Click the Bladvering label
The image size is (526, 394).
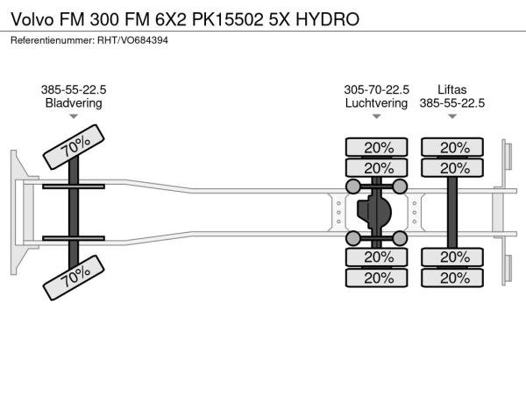74,102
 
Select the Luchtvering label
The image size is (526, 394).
376,102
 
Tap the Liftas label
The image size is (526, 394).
452,88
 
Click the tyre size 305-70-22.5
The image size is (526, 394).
376,88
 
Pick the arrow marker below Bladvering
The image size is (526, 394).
74,116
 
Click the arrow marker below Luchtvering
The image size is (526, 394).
376,116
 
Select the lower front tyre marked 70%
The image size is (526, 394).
75,278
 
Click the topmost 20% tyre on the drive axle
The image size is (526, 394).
377,147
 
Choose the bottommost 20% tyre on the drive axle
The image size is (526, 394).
377,278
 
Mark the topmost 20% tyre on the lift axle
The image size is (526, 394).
453,147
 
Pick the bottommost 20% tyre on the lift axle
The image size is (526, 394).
453,278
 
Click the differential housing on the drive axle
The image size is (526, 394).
377,212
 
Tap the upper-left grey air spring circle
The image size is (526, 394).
353,186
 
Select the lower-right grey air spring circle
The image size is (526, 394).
400,237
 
